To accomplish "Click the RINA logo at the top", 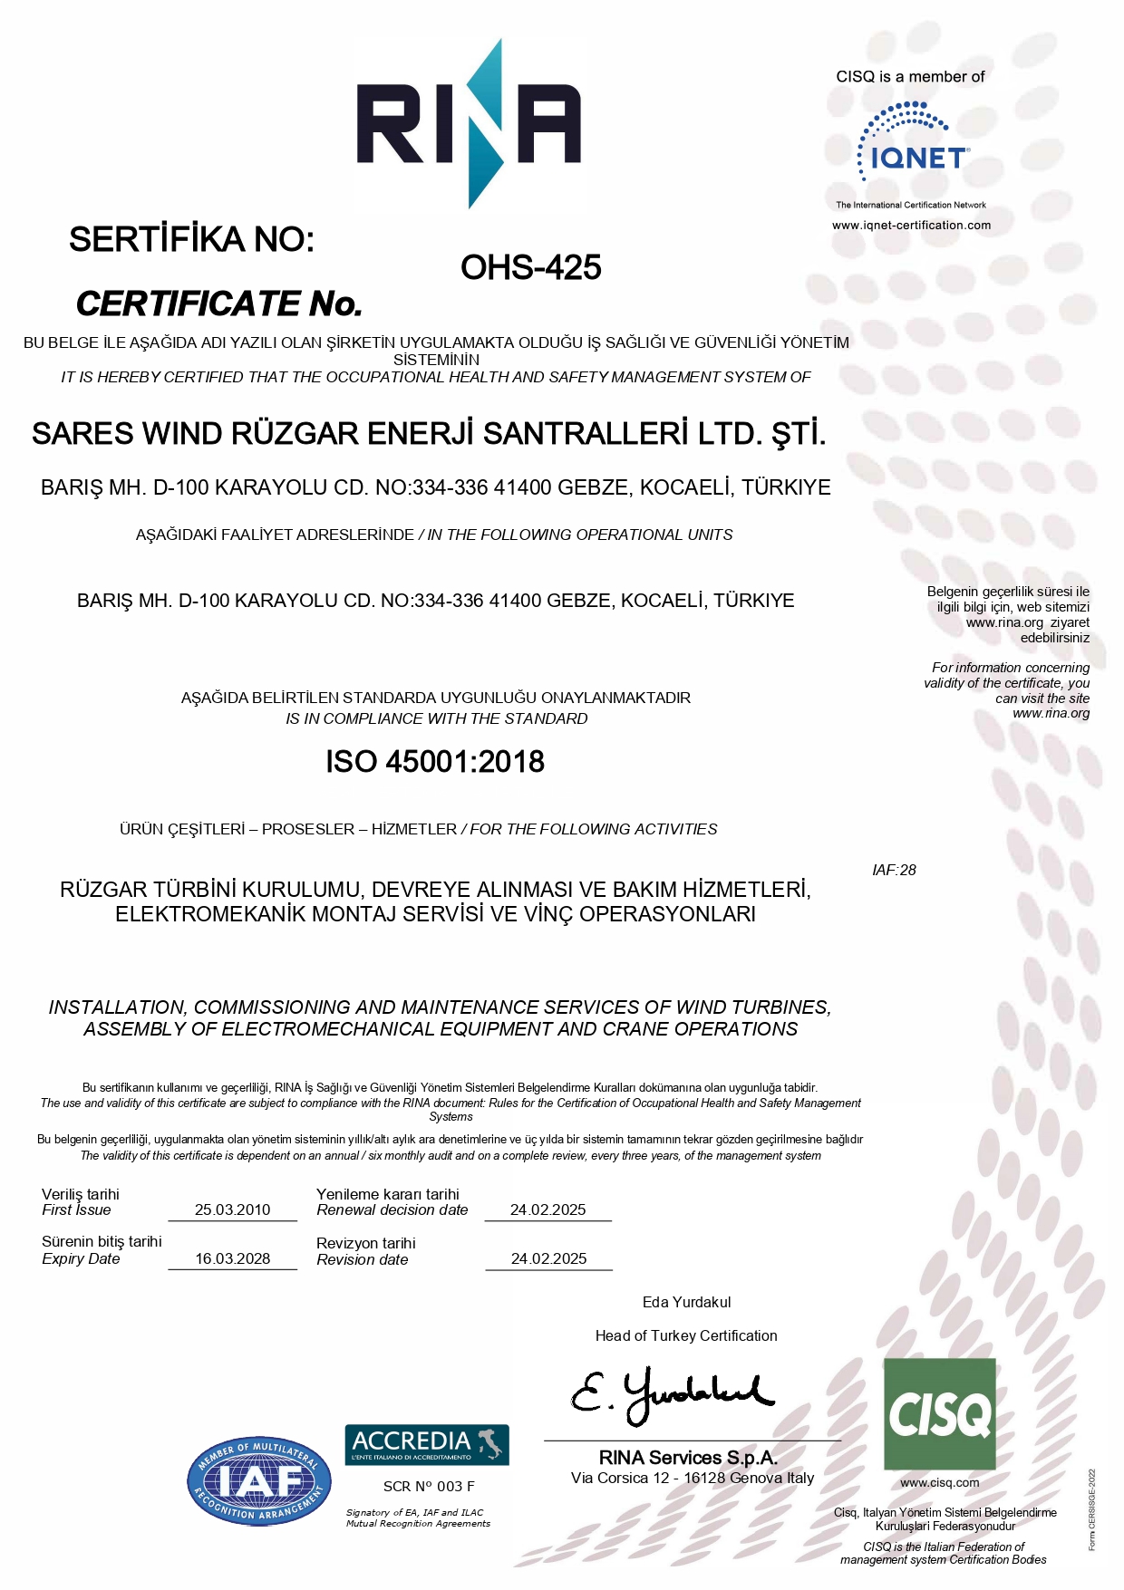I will pyautogui.click(x=469, y=124).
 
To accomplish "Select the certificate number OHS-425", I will pyautogui.click(x=530, y=267).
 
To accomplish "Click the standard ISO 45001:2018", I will pyautogui.click(x=435, y=762).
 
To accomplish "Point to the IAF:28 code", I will pyautogui.click(x=894, y=870).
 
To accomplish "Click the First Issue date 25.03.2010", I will pyautogui.click(x=233, y=1209).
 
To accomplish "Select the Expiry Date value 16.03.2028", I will pyautogui.click(x=233, y=1258).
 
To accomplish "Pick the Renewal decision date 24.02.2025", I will pyautogui.click(x=547, y=1209).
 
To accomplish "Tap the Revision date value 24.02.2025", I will pyautogui.click(x=548, y=1258).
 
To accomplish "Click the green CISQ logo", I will pyautogui.click(x=939, y=1413).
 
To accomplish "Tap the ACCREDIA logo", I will pyautogui.click(x=427, y=1444).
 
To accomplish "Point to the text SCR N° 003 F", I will pyautogui.click(x=429, y=1487).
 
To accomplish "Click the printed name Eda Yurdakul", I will pyautogui.click(x=686, y=1302).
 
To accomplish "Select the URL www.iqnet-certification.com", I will pyautogui.click(x=911, y=225).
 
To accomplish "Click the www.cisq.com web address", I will pyautogui.click(x=939, y=1483).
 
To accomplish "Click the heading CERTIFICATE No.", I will pyautogui.click(x=219, y=304).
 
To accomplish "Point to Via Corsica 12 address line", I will pyautogui.click(x=693, y=1478).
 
